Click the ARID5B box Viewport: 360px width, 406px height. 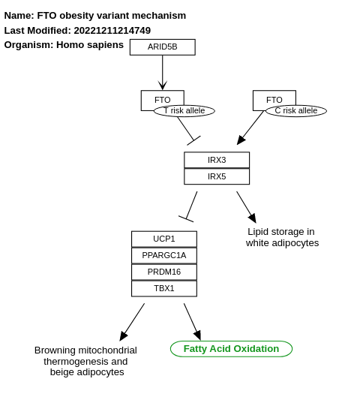coord(162,47)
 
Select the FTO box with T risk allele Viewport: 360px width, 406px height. coord(162,98)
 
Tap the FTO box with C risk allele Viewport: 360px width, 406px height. coord(274,98)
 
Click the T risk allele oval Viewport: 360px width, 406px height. coord(184,111)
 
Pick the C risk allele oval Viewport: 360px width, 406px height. coord(295,111)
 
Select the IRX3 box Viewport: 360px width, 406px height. coord(217,160)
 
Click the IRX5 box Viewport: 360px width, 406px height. coord(217,176)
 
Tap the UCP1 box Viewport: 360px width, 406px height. coord(163,239)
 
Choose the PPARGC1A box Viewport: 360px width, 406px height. coord(163,255)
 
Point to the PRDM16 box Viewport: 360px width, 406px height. coord(163,272)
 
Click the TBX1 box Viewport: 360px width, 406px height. coord(163,288)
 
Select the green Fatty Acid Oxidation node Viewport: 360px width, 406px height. coord(231,349)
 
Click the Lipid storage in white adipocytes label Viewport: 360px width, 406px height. coord(281,237)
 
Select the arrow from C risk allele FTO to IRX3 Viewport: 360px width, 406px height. coord(250,128)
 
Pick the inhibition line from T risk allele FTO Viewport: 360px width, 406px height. coord(186,128)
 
